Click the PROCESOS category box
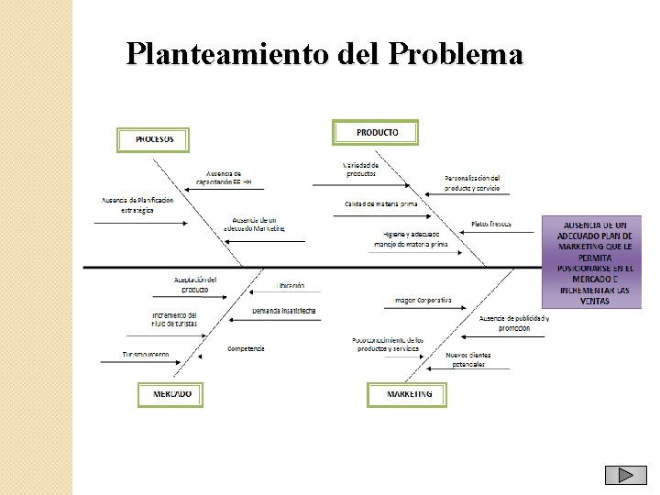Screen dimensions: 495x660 pos(153,139)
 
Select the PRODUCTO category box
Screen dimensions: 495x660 pos(375,133)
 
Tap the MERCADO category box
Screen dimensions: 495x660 pos(170,394)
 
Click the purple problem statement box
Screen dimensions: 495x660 pos(592,262)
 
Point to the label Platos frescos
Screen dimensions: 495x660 pos(491,224)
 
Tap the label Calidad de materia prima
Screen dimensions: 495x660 pos(380,203)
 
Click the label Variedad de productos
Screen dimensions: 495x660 pos(360,170)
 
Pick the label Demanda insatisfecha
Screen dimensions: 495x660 pos(284,311)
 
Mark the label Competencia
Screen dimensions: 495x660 pos(246,348)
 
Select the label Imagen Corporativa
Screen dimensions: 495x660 pos(423,300)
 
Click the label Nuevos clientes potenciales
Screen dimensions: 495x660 pos(467,359)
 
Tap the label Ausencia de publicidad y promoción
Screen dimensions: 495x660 pos(514,323)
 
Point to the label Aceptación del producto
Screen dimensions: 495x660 pos(194,284)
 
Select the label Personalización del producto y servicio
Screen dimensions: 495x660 pos(472,182)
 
